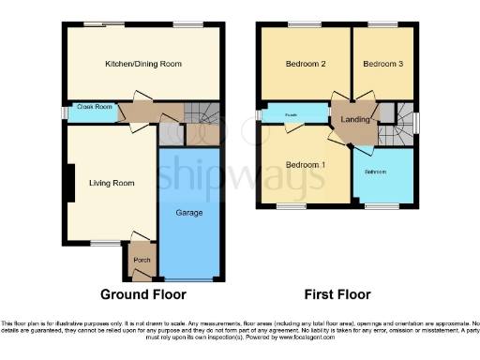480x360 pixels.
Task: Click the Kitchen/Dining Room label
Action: coord(142,64)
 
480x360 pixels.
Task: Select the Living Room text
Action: coord(108,184)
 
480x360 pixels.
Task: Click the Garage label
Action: coord(192,213)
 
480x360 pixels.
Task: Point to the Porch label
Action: coord(142,260)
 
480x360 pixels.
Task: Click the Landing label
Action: coord(356,119)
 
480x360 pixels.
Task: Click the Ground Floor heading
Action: coord(143,294)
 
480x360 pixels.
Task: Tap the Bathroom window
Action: coord(380,204)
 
